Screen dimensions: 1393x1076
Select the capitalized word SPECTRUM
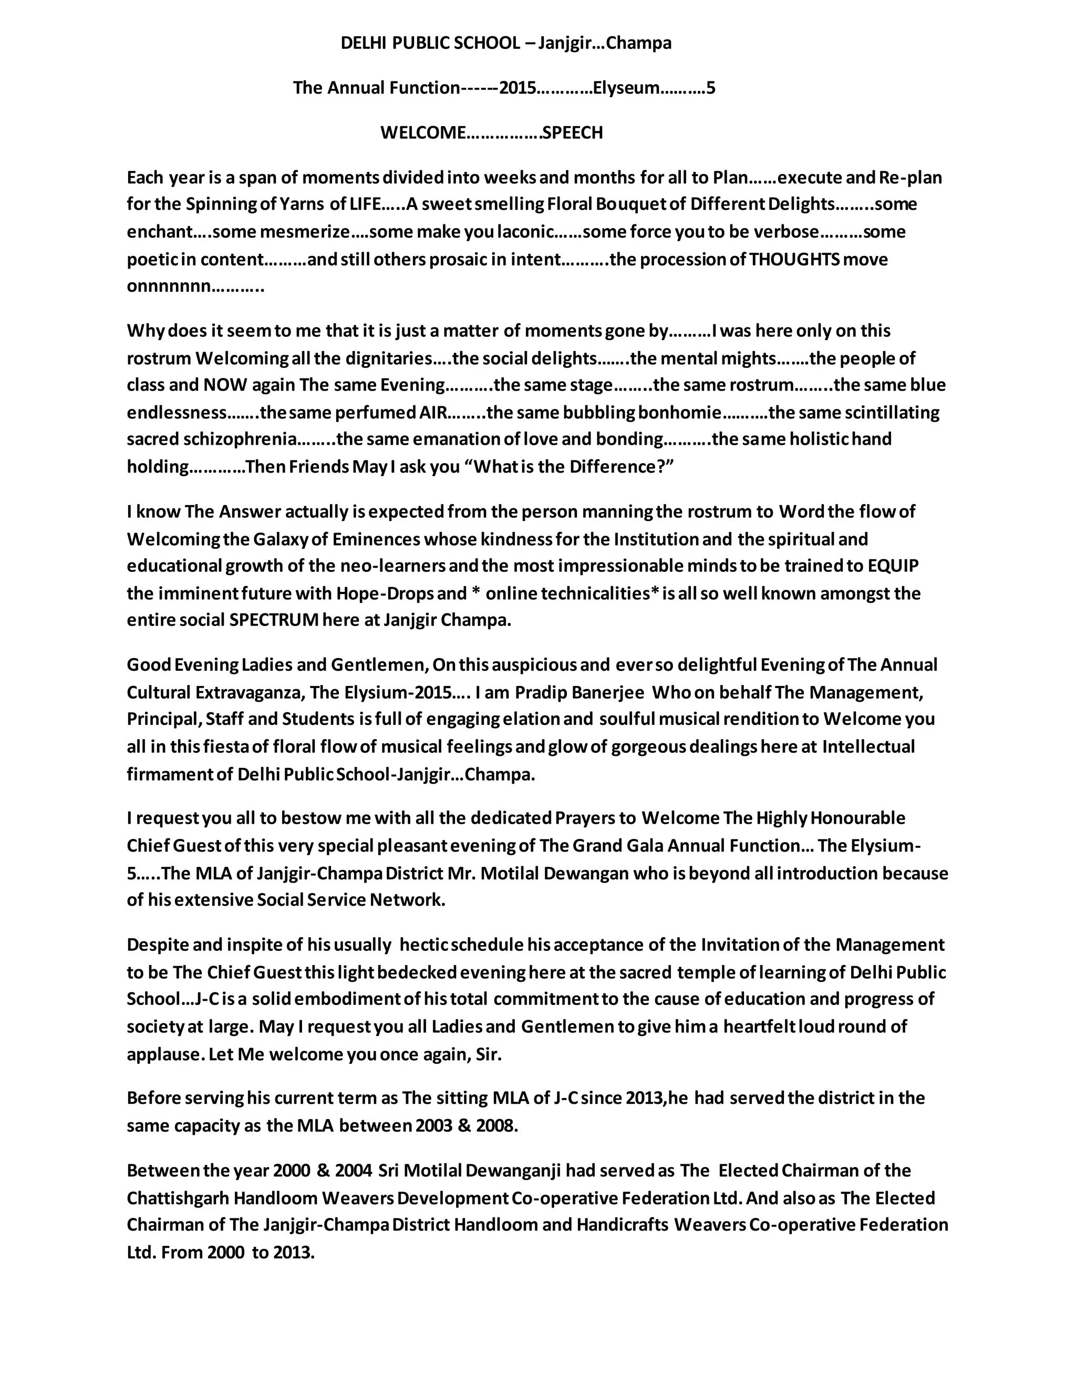click(273, 621)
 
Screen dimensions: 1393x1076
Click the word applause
click(164, 1054)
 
